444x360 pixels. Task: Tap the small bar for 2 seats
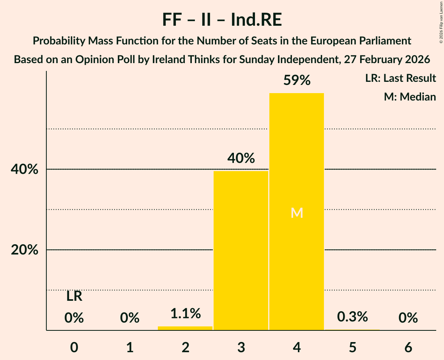tap(185, 328)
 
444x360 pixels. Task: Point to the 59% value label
tap(297, 81)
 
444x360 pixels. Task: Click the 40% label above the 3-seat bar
tap(241, 158)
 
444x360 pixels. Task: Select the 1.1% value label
tap(185, 313)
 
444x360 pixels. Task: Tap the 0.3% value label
tap(352, 317)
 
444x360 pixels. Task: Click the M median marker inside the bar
tap(297, 213)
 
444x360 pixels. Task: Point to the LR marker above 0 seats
tap(74, 296)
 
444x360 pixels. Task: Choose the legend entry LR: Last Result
tap(400, 78)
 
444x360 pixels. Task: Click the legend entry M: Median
tap(410, 97)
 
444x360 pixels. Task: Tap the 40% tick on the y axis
tap(25, 169)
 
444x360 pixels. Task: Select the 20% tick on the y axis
tap(25, 250)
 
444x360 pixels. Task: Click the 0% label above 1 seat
tap(130, 318)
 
